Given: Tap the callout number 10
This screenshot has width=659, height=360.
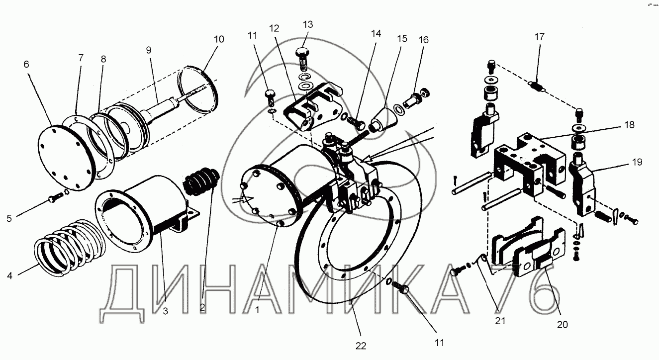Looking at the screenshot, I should click(219, 39).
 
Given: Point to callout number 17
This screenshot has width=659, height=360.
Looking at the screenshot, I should click(540, 36).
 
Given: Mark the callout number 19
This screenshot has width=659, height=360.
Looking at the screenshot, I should click(638, 162).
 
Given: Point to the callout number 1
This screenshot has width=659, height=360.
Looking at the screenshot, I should click(257, 309).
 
